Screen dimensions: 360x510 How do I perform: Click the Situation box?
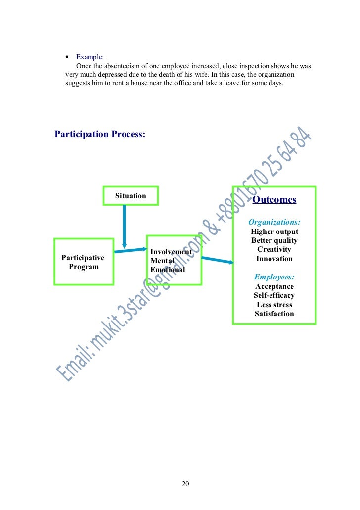[131, 196]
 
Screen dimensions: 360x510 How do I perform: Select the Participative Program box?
[83, 262]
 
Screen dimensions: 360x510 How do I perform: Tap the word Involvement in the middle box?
[171, 252]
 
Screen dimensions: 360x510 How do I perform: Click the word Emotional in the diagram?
[168, 270]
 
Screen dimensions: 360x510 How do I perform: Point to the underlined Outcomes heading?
[274, 200]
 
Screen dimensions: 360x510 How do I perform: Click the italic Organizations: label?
[274, 222]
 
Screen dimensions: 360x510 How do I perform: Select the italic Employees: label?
[274, 277]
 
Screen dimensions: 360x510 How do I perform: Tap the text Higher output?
[274, 232]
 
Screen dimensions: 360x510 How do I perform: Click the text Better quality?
[274, 241]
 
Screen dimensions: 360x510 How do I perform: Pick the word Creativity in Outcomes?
[274, 250]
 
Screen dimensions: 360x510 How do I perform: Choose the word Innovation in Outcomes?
[274, 259]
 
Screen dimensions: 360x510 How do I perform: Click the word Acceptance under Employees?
[274, 286]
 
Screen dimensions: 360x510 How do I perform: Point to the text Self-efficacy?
[274, 295]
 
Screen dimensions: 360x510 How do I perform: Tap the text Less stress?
[274, 305]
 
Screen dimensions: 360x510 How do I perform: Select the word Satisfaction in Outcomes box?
[274, 314]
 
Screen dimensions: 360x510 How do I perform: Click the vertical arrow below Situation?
[124, 226]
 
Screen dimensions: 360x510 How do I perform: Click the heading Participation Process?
[100, 134]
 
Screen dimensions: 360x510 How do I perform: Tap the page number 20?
[185, 484]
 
